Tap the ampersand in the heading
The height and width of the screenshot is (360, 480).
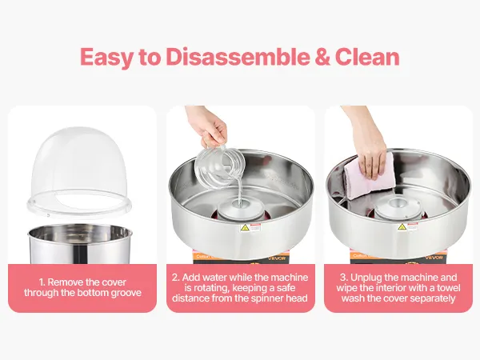[322, 57]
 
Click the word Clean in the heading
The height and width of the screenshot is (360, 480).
[367, 57]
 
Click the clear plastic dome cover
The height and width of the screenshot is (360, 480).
[79, 171]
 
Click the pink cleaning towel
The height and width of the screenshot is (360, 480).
[370, 177]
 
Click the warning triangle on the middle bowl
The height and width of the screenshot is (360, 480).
[245, 228]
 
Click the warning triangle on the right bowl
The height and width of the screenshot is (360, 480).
[402, 227]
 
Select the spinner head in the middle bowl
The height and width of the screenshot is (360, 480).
[240, 208]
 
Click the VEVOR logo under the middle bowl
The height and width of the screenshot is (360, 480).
[277, 258]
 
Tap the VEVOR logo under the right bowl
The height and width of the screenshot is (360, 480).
[434, 258]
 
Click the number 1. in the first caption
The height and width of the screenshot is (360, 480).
[42, 282]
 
